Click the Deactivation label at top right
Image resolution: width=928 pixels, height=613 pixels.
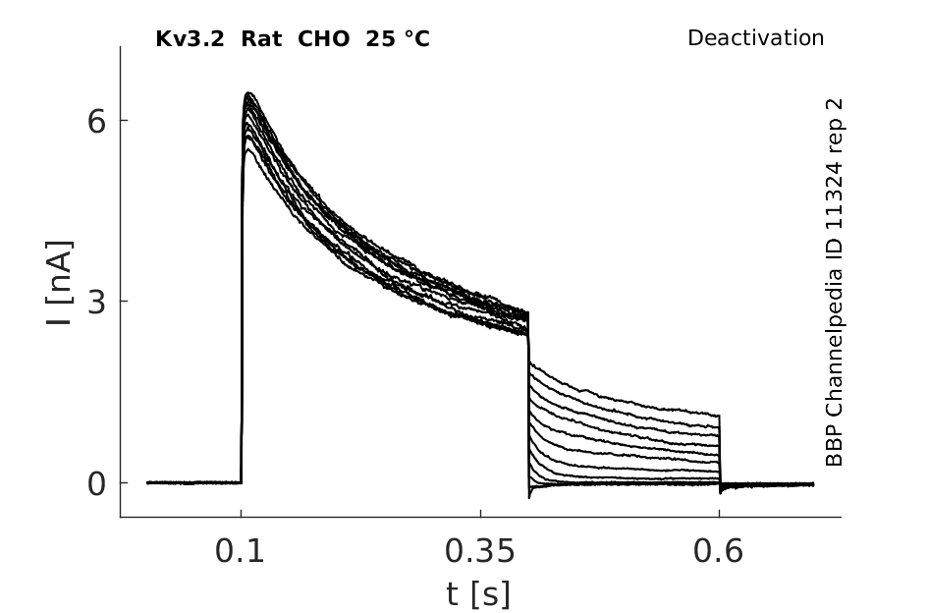tap(755, 38)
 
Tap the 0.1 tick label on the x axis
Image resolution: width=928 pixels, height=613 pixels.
tap(241, 552)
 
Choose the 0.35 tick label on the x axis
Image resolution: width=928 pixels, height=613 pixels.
tap(479, 552)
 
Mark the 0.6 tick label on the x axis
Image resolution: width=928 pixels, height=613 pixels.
tap(719, 552)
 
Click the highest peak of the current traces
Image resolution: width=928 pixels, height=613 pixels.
tap(249, 93)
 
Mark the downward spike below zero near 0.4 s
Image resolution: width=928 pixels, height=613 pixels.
tap(530, 496)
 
